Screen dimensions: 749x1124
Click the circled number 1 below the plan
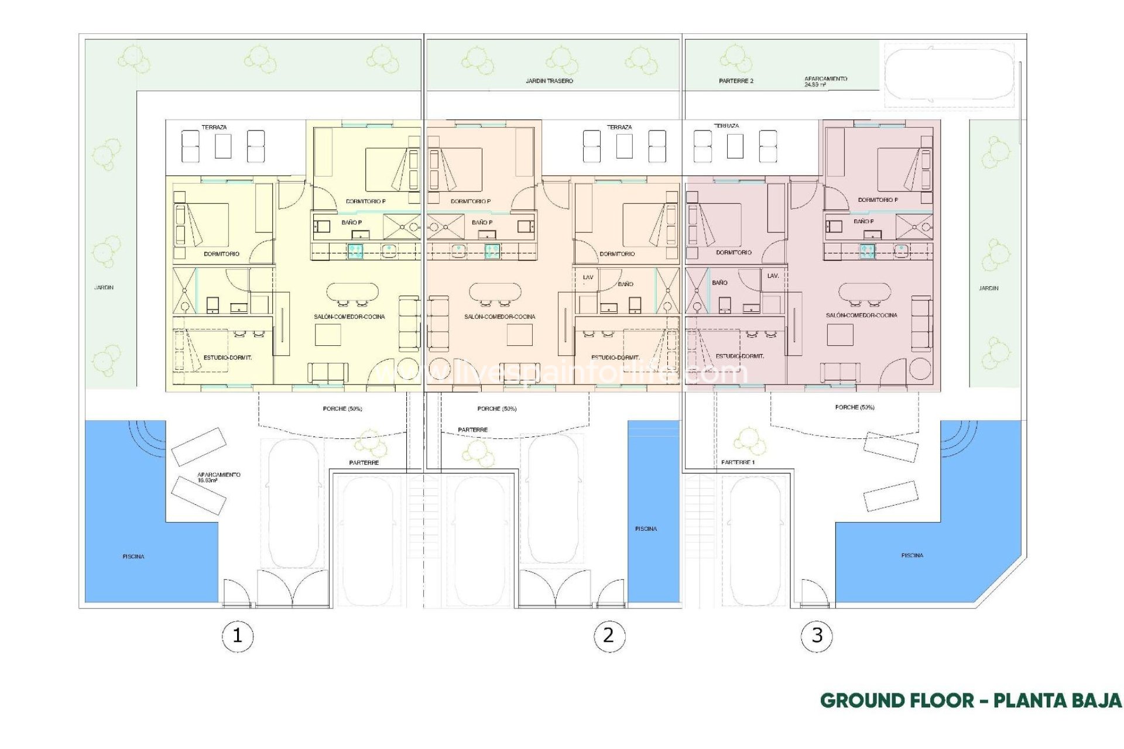(x=238, y=635)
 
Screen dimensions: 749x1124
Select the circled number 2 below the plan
(x=609, y=635)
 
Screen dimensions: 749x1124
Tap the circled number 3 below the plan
(x=817, y=635)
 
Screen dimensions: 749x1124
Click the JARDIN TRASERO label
(x=549, y=81)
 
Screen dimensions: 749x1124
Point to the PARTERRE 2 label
(x=736, y=81)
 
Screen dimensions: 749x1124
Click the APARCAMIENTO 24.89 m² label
(x=825, y=81)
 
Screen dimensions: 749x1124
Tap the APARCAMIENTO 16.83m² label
(x=218, y=477)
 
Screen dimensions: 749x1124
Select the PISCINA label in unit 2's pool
(x=646, y=528)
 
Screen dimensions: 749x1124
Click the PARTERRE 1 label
(x=738, y=462)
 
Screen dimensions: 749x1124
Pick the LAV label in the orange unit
(x=588, y=277)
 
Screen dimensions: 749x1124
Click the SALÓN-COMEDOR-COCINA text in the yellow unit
(x=349, y=317)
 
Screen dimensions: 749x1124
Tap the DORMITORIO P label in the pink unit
(x=878, y=200)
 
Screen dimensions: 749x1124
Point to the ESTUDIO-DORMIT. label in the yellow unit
(x=228, y=358)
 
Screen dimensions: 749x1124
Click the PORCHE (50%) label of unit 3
(x=854, y=407)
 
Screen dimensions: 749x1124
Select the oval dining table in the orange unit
(x=495, y=291)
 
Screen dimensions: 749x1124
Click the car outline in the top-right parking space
(x=948, y=74)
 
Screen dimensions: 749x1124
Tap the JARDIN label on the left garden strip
(x=104, y=287)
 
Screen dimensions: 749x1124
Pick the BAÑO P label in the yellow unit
(x=351, y=222)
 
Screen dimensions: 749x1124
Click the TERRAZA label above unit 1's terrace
(x=214, y=127)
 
